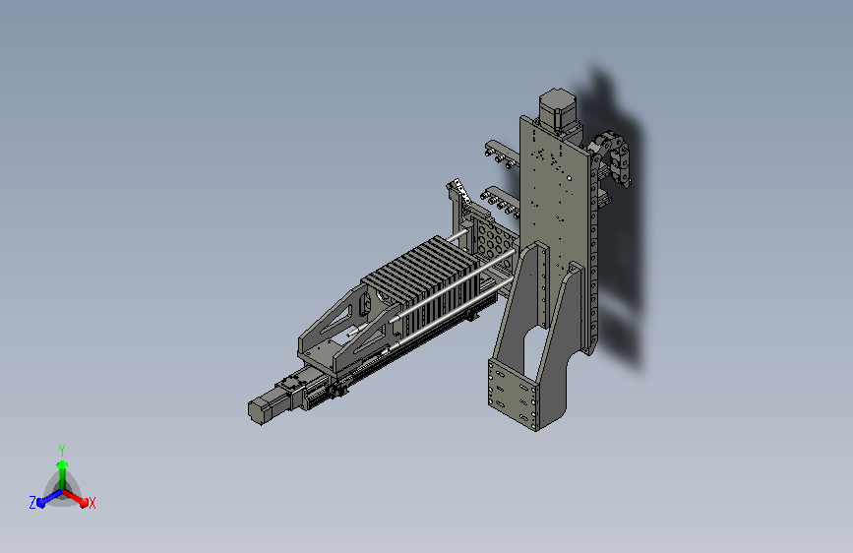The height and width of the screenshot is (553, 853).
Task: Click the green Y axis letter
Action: (61, 451)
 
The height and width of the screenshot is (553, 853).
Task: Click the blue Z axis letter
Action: (32, 503)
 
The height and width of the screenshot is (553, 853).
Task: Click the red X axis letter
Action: (91, 503)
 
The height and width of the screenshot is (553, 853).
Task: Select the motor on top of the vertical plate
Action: (556, 110)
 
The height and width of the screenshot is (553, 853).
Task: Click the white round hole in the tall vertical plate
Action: (569, 178)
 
